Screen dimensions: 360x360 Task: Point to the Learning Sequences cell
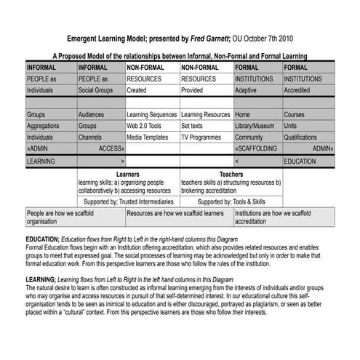(151, 115)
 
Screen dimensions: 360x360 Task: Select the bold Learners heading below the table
(127, 175)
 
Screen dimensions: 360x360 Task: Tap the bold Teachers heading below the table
(231, 175)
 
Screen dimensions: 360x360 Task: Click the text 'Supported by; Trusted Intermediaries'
(129, 201)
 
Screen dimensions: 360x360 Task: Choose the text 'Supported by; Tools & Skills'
(231, 201)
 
